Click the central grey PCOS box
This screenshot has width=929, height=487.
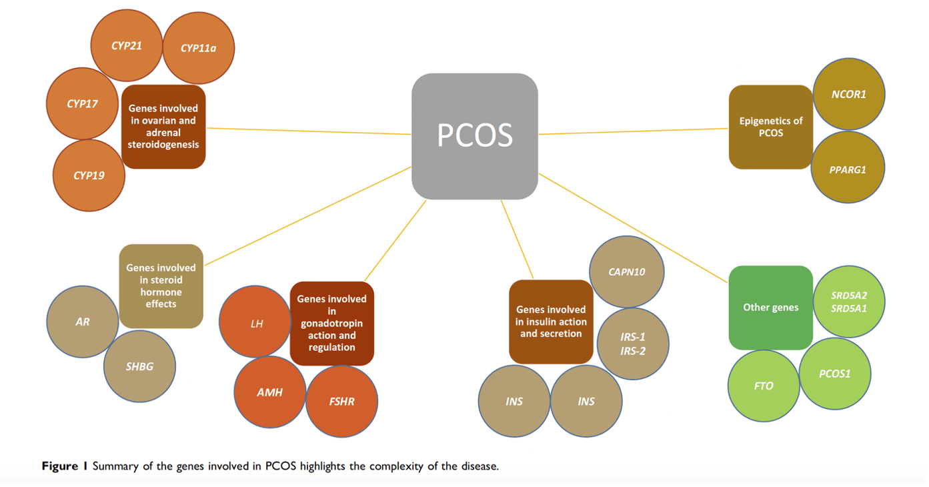tap(474, 136)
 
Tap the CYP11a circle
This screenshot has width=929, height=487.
tap(198, 48)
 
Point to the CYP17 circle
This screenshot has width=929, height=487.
tap(82, 104)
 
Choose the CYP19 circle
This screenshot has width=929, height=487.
tap(89, 175)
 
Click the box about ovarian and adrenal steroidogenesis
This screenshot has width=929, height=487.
tap(163, 126)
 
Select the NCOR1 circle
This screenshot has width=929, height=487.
tap(848, 94)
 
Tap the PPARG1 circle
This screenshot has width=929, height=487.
tap(848, 168)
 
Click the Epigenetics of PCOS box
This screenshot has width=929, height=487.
tap(770, 127)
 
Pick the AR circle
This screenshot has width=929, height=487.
tap(83, 322)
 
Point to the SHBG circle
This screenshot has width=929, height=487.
tap(140, 366)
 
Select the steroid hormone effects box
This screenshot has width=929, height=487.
tap(161, 286)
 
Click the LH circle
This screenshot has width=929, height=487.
tap(256, 323)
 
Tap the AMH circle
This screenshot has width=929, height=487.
tap(270, 392)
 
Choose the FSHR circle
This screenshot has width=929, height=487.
tap(341, 402)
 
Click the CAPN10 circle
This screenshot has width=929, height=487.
tap(626, 272)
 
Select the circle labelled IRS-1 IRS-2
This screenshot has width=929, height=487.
tap(632, 344)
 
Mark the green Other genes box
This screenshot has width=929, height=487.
tap(770, 308)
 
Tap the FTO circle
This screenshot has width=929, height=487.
tap(764, 386)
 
